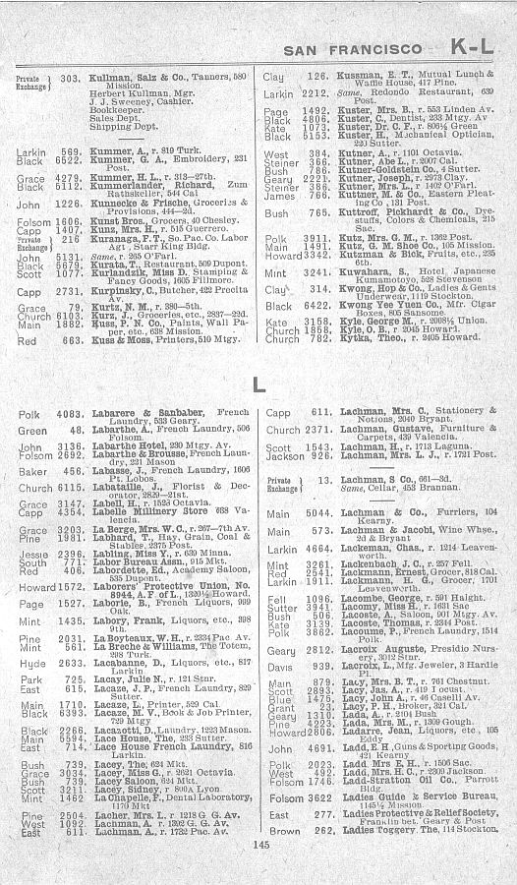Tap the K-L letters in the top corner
pyautogui.click(x=475, y=46)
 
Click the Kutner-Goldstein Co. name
pyautogui.click(x=365, y=169)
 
